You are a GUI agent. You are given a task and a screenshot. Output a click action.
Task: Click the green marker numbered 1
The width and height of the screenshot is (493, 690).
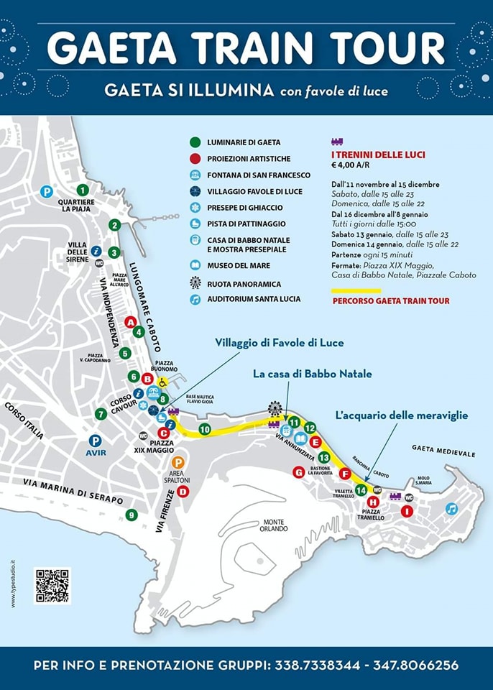[83, 190]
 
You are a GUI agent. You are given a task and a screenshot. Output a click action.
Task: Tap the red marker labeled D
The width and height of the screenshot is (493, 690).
[183, 492]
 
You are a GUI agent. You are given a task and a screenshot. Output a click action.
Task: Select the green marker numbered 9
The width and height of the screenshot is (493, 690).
[131, 515]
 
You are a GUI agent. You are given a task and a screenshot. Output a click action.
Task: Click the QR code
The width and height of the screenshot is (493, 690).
[52, 585]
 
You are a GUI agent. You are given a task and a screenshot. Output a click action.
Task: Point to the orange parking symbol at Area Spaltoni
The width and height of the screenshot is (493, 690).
[179, 462]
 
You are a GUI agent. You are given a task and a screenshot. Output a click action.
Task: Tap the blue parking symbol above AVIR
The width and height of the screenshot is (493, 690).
[94, 441]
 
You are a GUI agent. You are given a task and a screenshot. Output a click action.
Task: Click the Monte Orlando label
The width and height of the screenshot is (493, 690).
[274, 525]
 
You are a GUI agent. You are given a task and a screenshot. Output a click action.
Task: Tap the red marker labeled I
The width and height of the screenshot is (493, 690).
[407, 511]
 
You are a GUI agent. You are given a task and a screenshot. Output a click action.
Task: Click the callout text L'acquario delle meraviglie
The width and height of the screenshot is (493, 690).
[402, 415]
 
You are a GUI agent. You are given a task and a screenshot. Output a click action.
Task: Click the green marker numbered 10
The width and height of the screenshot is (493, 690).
[204, 429]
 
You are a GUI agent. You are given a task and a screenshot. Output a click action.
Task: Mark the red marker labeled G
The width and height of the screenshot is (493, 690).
[298, 471]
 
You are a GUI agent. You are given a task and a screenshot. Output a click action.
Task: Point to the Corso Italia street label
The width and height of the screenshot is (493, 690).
[24, 421]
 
